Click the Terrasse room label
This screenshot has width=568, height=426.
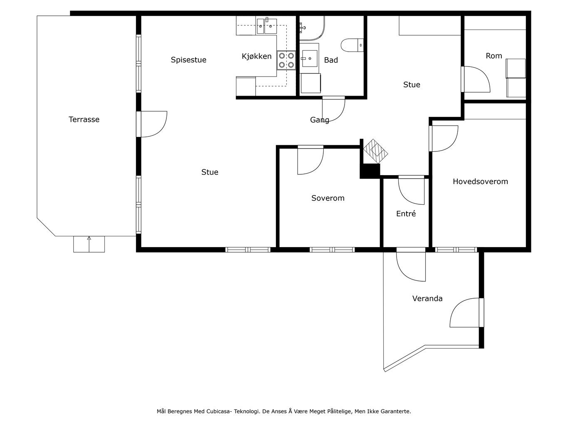[x=84, y=119]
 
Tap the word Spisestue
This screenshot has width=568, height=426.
[x=189, y=60]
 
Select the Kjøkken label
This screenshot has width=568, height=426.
[x=256, y=57]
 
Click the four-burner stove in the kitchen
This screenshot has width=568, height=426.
[x=286, y=60]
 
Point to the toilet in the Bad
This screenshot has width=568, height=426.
[x=352, y=45]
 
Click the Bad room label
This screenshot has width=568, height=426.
[x=331, y=60]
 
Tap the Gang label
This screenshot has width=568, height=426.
[x=320, y=120]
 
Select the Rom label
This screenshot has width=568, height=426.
[x=494, y=56]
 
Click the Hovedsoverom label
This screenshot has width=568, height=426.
[x=480, y=181]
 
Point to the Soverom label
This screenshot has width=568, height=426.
[x=328, y=198]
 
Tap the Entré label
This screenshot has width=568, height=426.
[x=406, y=213]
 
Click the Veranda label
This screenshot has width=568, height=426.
[x=427, y=298]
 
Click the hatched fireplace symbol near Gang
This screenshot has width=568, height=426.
[x=375, y=151]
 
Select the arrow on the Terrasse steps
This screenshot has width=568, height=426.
[x=89, y=244]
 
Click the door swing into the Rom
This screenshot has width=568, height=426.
[x=476, y=79]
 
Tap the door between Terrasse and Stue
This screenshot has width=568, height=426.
[x=152, y=124]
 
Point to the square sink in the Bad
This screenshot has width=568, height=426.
[x=310, y=59]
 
